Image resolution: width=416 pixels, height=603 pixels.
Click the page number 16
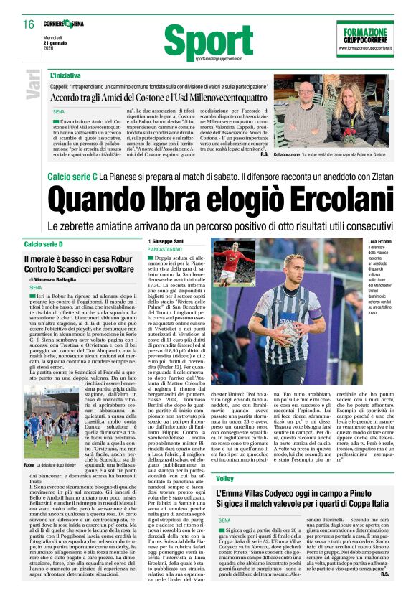point(28,24)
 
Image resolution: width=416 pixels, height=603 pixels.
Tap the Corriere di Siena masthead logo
point(67,24)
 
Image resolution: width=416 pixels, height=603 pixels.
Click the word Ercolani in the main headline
point(310,196)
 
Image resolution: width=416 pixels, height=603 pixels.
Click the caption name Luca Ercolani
point(380,243)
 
